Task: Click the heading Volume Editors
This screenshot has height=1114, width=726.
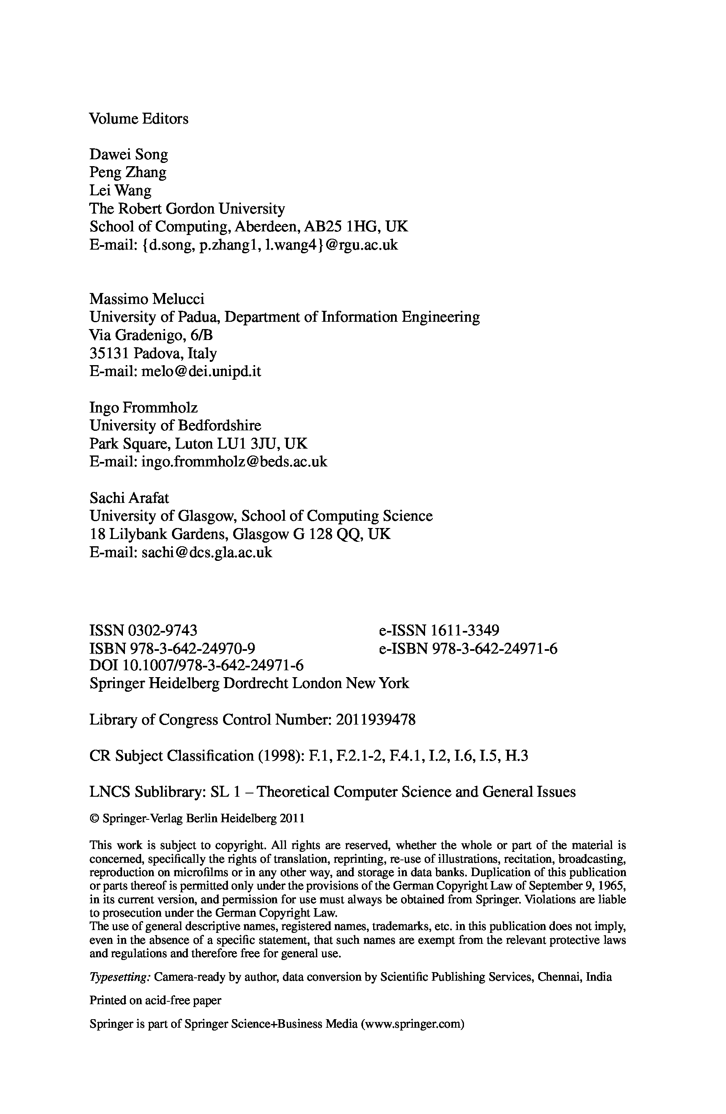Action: tap(139, 119)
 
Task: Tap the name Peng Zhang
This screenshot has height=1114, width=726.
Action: tap(127, 173)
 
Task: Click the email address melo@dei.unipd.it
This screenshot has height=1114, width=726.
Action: tap(201, 371)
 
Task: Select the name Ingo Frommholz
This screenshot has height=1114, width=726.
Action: tap(143, 408)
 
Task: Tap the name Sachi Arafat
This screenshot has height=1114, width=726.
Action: tap(129, 498)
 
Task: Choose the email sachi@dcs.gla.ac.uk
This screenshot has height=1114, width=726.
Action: tap(206, 552)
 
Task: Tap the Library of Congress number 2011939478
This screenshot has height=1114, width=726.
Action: tap(376, 719)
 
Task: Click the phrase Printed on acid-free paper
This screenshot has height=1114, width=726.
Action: tap(155, 1001)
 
